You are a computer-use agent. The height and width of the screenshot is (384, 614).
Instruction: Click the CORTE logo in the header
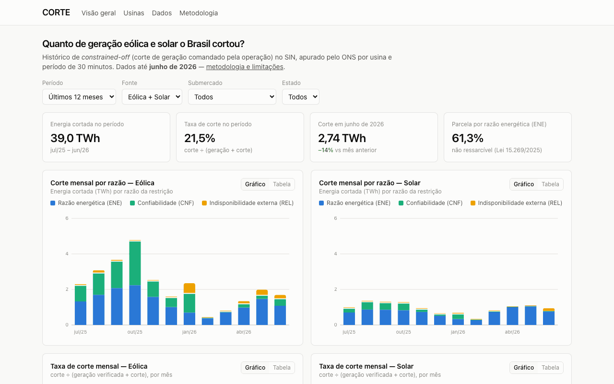tap(56, 12)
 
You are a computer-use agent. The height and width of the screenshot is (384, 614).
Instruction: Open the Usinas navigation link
tap(134, 13)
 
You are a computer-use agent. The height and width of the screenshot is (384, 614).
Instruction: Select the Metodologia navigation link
tap(199, 13)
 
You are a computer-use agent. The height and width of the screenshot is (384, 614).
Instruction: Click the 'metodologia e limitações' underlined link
tap(245, 67)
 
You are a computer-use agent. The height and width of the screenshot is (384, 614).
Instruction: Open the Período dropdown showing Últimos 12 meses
tap(79, 97)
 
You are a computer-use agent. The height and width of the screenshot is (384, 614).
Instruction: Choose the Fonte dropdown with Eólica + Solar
tap(152, 97)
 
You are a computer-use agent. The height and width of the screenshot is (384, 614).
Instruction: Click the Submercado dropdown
tap(232, 97)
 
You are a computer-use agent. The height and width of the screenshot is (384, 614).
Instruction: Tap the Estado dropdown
tap(301, 97)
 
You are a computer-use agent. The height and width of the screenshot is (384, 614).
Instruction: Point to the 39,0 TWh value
tap(75, 138)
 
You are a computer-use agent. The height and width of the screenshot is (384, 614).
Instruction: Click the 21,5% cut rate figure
tap(200, 138)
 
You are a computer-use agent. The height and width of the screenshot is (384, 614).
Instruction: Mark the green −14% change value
tap(326, 150)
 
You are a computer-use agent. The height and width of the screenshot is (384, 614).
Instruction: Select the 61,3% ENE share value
tap(467, 138)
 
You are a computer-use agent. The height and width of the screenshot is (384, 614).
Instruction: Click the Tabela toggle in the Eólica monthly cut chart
tap(282, 184)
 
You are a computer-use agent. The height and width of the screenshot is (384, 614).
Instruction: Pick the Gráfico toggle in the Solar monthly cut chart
tap(523, 184)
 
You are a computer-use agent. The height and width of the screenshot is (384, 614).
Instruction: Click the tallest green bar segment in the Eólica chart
tap(135, 264)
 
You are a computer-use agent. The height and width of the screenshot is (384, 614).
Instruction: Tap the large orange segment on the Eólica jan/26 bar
tap(189, 288)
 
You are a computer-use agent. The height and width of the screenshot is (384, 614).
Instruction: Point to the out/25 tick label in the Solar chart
tap(403, 332)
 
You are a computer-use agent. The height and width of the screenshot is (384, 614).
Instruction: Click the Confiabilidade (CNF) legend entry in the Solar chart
tap(430, 203)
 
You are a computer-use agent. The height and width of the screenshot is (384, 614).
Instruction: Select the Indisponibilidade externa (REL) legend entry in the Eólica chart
tap(248, 203)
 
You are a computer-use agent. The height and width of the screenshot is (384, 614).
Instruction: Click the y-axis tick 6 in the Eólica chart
tap(67, 218)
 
